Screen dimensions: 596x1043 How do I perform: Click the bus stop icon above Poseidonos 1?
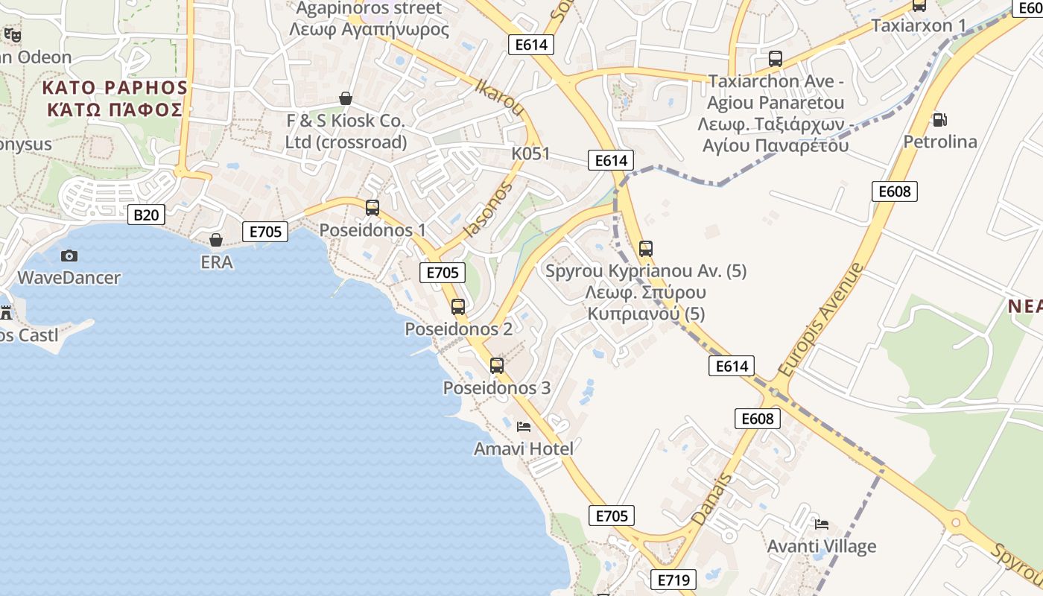tap(372, 208)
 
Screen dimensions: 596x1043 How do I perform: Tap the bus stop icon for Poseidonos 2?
tap(458, 306)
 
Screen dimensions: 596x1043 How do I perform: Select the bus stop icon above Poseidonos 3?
tap(497, 366)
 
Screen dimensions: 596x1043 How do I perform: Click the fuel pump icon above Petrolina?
tap(939, 119)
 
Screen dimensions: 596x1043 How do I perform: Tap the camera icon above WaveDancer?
tap(69, 256)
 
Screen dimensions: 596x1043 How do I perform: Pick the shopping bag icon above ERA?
tap(216, 240)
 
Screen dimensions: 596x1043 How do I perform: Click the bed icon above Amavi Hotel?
tap(524, 427)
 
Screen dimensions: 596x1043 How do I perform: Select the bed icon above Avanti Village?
tap(822, 524)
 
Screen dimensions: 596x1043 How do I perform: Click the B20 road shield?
tap(146, 215)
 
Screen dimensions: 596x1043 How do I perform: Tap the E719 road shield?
tap(673, 580)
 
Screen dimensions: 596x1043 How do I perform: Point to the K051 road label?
tap(530, 153)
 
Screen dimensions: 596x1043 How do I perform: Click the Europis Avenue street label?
tap(819, 319)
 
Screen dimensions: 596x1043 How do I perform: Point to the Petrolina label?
tap(940, 142)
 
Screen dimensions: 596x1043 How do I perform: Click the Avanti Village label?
tap(822, 547)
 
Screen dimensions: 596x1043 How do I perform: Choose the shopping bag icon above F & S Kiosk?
tap(346, 98)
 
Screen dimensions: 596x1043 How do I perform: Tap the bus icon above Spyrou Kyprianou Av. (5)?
tap(646, 249)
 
